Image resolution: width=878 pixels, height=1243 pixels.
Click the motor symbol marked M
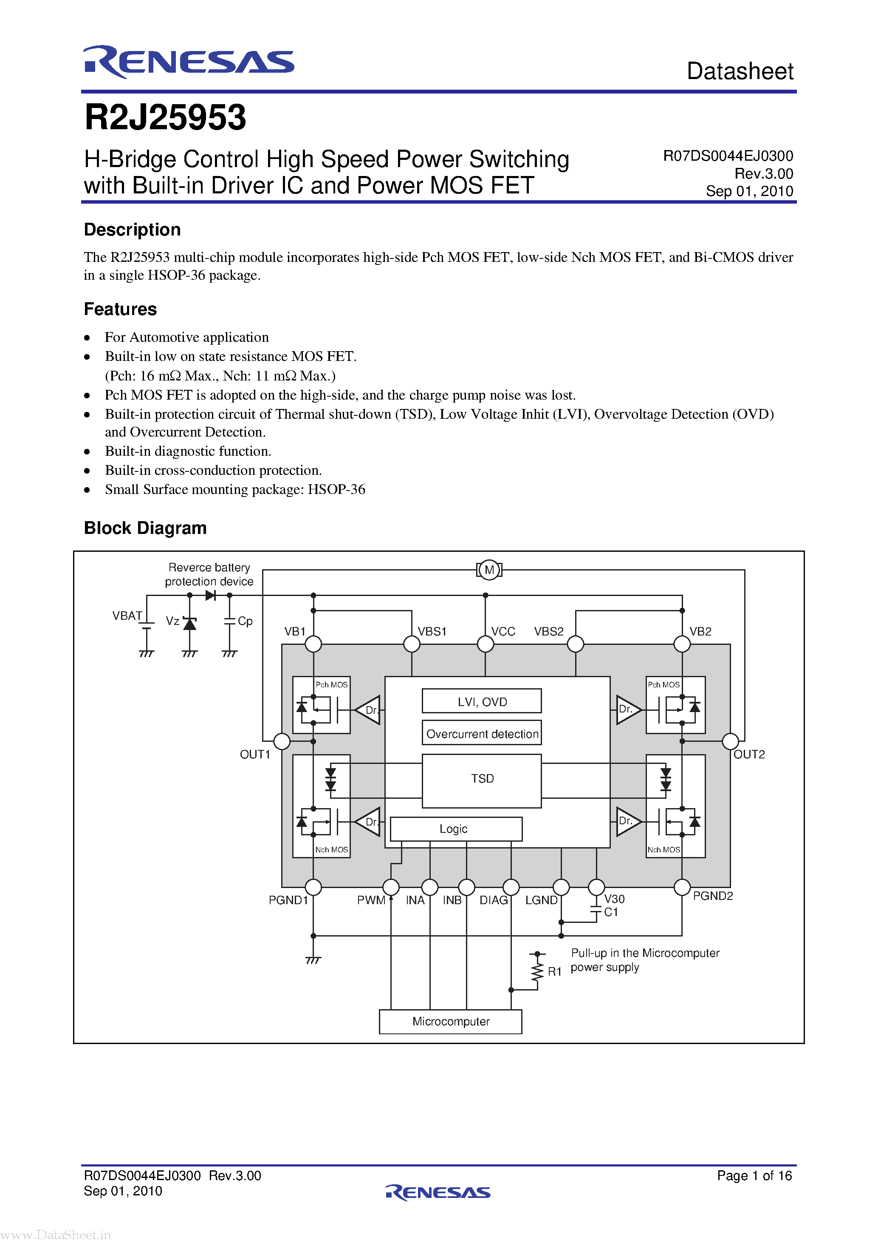[489, 570]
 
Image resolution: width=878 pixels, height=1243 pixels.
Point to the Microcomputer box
[451, 1022]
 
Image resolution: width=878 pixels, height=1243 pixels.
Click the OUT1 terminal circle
[282, 741]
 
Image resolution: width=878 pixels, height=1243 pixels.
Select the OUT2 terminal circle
[730, 741]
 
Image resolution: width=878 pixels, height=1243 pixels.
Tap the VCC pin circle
[485, 644]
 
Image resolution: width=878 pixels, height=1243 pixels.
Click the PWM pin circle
[391, 887]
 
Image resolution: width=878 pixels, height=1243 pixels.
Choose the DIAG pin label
[493, 900]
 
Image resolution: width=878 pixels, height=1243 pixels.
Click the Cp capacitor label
[245, 621]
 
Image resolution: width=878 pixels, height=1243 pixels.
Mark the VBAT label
[127, 616]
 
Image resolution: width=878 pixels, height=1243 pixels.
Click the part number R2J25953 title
[165, 117]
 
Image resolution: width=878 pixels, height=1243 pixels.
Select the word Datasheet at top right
[740, 71]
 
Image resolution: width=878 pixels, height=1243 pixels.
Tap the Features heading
[120, 309]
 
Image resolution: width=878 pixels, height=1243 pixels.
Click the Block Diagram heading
[145, 528]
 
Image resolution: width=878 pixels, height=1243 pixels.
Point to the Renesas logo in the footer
[438, 1192]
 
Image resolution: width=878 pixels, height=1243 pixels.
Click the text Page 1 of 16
[754, 1176]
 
